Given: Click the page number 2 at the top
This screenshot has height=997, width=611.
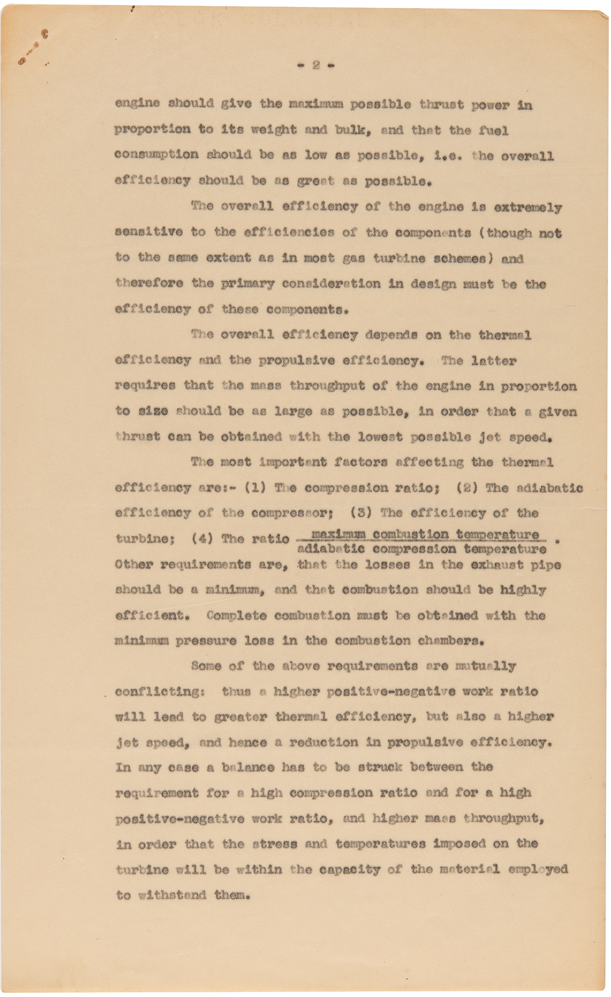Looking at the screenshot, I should pyautogui.click(x=316, y=65).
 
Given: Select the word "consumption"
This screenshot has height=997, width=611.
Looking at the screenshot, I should pyautogui.click(x=156, y=155).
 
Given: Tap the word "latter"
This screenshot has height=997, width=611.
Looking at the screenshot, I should pyautogui.click(x=493, y=360).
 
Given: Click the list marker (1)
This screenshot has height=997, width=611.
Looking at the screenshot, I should pyautogui.click(x=255, y=488).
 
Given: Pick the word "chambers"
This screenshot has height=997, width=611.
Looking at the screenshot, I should pyautogui.click(x=455, y=641).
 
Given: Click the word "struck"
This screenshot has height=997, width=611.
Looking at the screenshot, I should pyautogui.click(x=380, y=767).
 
